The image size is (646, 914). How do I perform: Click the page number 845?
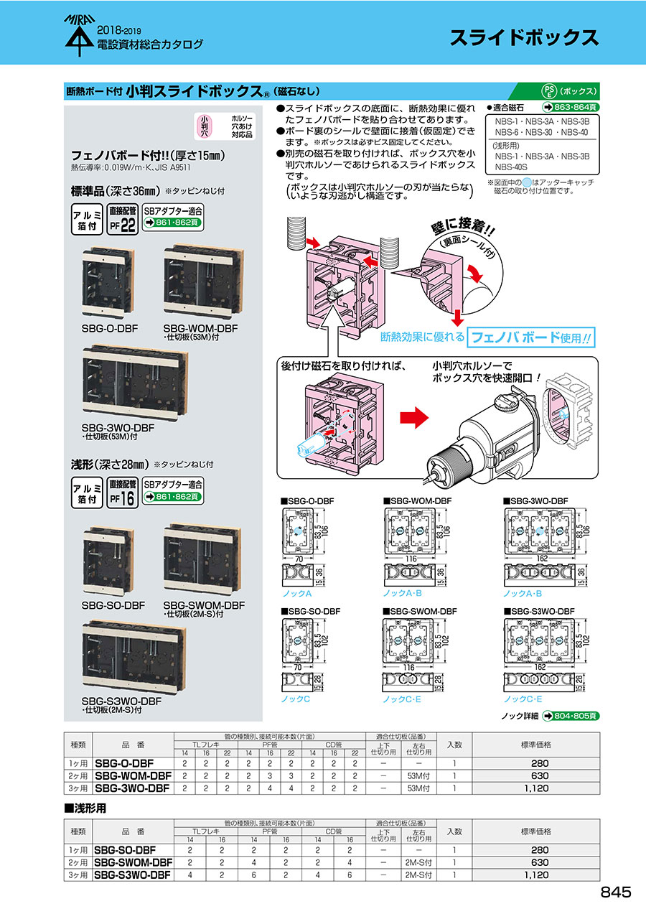coord(615,892)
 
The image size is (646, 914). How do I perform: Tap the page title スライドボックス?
coord(524,38)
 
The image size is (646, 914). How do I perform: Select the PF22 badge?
coord(123,220)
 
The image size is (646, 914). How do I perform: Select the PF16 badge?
coord(123,495)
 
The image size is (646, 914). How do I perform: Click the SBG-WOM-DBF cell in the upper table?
coord(133,775)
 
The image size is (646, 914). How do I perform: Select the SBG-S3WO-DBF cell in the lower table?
coord(134,875)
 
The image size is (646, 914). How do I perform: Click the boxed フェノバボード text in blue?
coord(509,336)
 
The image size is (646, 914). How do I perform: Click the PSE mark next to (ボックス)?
coord(548,91)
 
